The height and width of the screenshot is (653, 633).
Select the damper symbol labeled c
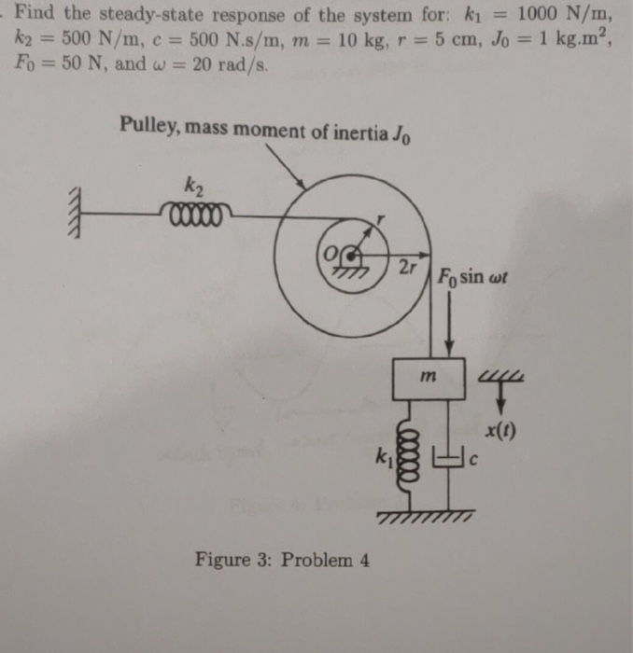pos(448,457)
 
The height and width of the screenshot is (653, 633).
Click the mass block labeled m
pos(429,379)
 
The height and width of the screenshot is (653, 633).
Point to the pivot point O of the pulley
pos(353,255)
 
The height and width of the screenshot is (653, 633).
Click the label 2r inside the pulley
pos(407,267)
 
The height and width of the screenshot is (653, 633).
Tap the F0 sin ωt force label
pos(472,277)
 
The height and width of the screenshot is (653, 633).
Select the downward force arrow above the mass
pos(449,323)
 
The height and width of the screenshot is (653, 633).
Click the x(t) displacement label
pos(500,431)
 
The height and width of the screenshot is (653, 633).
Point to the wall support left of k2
pos(74,213)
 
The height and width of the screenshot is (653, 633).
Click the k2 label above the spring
pos(194,187)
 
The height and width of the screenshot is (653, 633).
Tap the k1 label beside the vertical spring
pos(384,457)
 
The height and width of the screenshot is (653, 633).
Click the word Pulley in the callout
pos(150,125)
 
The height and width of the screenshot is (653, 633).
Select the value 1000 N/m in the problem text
pos(565,14)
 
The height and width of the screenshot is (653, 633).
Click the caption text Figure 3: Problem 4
pos(282,560)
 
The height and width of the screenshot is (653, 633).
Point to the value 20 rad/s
pos(230,65)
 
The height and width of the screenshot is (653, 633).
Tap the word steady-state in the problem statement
pos(151,15)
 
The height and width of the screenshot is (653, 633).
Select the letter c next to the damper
pos(473,460)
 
